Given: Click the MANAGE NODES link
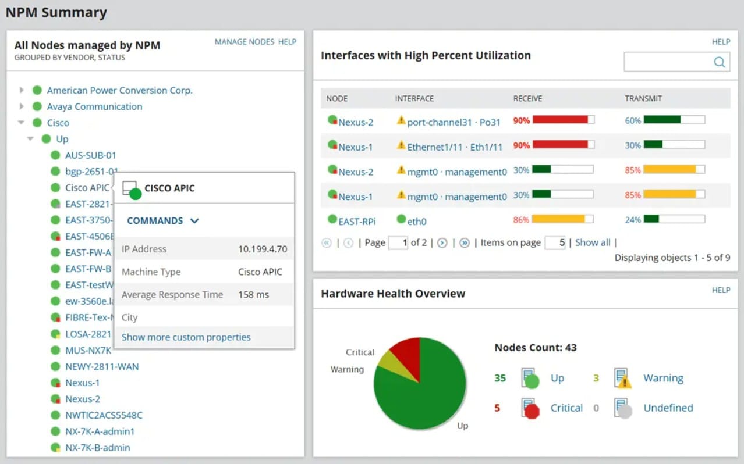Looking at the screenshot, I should click(x=245, y=42).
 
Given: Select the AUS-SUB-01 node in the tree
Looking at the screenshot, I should click(x=91, y=155).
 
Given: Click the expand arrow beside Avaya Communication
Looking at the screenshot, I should click(x=22, y=106).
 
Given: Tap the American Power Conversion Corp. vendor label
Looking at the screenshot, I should click(x=119, y=90).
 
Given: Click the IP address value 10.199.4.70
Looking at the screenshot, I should click(x=263, y=249).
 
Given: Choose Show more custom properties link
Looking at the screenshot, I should click(x=186, y=337).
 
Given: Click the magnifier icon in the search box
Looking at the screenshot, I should click(x=720, y=62).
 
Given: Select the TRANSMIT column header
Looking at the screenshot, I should click(x=643, y=98).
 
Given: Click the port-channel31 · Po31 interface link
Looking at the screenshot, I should click(x=454, y=122).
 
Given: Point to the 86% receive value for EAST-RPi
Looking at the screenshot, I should click(x=521, y=220).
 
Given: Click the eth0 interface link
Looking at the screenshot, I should click(x=417, y=221).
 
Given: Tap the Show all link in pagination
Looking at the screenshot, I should click(x=593, y=242).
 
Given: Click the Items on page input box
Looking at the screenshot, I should click(x=555, y=242).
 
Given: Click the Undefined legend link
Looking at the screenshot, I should click(x=668, y=408).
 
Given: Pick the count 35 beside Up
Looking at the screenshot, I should click(x=500, y=378).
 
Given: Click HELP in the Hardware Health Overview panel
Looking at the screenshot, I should click(x=721, y=290).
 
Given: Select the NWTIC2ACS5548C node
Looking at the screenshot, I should click(x=104, y=415).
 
